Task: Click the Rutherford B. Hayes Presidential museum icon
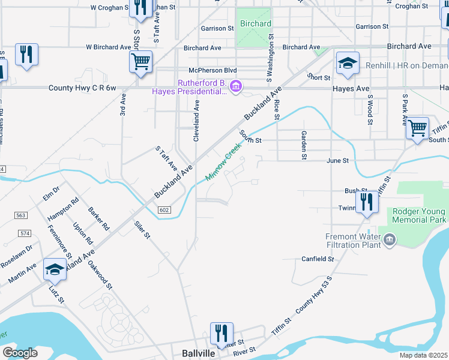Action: click(x=236, y=88)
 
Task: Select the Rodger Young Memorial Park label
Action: click(x=420, y=215)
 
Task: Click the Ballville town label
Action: click(x=199, y=353)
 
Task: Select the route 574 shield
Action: click(x=24, y=233)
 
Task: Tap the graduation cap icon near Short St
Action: click(x=347, y=64)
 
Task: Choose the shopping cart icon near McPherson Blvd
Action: click(x=140, y=61)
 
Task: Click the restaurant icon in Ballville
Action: click(x=221, y=333)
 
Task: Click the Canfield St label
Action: click(x=317, y=259)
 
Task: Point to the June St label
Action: click(x=337, y=161)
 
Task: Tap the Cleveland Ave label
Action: click(x=196, y=121)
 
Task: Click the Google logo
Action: click(x=20, y=353)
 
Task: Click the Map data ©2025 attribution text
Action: click(x=423, y=355)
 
